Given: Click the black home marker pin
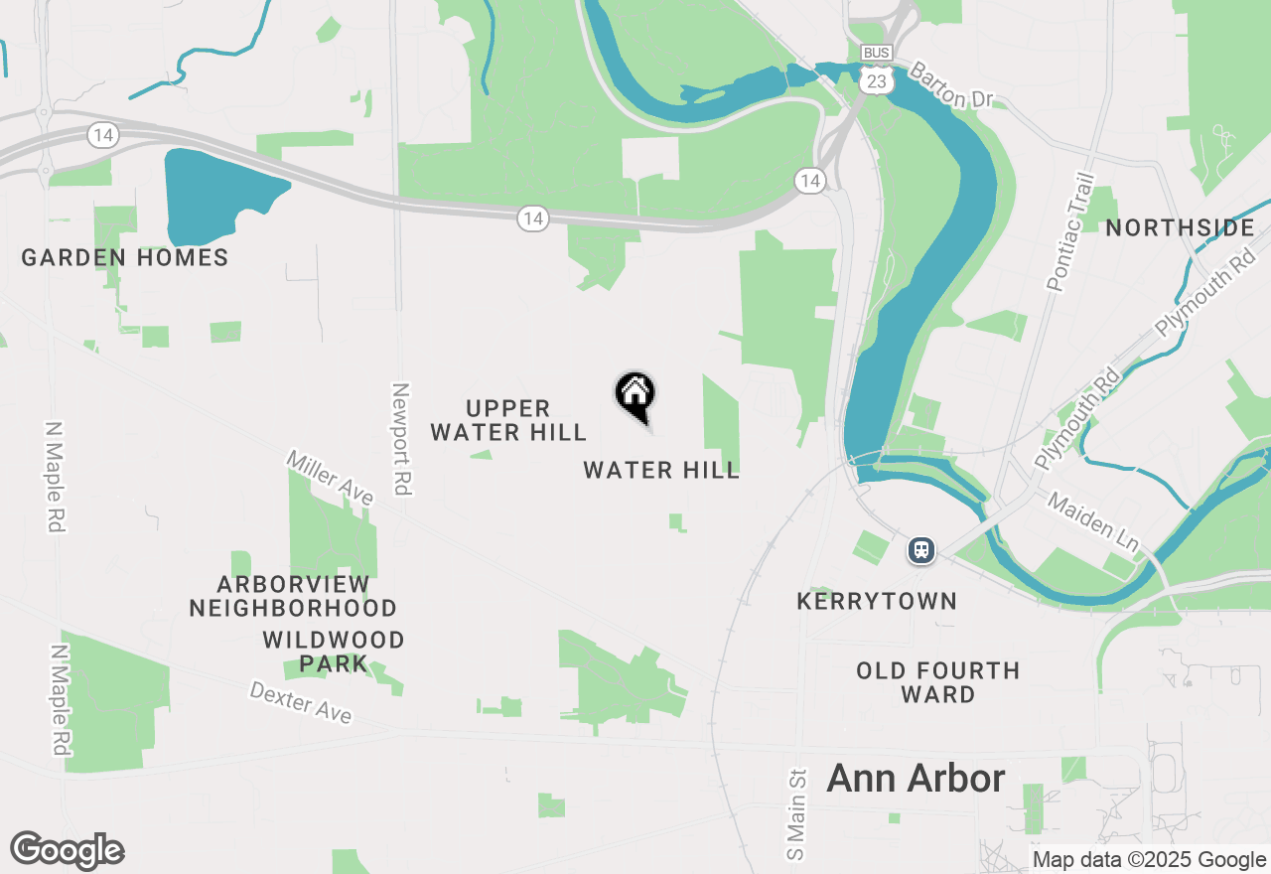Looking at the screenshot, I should [635, 395].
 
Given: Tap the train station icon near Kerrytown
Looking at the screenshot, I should [921, 549].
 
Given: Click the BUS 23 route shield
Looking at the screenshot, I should [876, 72].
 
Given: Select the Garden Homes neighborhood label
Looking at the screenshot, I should [125, 258].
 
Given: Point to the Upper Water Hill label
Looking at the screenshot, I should [508, 421].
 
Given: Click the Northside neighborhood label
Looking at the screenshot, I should [1180, 228].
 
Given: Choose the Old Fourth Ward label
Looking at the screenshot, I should [938, 682].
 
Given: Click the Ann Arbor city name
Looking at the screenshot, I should [916, 779].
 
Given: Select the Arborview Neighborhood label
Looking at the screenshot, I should [293, 596].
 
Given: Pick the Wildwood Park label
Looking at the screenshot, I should [334, 652].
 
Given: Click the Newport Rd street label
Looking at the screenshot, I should [401, 439].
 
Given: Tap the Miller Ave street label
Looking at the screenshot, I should [330, 477].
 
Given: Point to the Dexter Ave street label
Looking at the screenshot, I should [300, 702].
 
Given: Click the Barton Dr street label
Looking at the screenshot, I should [950, 86].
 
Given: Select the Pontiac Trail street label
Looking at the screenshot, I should [1070, 232].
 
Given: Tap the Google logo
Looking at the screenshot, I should [68, 850].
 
